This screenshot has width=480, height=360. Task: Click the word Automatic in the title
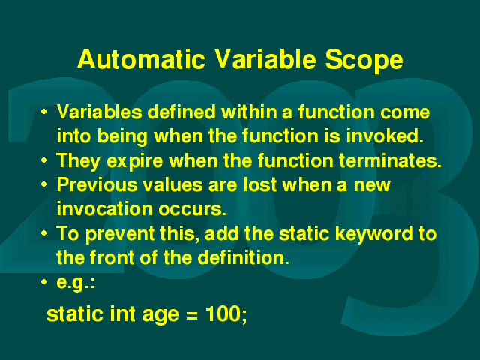point(141,58)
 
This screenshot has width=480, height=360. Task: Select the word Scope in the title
point(364,61)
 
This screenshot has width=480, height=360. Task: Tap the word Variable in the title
point(265,58)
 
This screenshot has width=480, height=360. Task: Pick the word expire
point(135,161)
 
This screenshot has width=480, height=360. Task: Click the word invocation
point(105,208)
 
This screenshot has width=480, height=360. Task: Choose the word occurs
point(192,210)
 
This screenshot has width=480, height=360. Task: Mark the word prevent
point(120,234)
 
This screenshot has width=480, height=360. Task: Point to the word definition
point(243,257)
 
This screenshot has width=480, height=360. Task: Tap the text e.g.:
point(76,283)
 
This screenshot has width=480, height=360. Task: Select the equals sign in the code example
point(192,315)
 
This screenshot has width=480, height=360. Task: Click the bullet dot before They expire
point(44,160)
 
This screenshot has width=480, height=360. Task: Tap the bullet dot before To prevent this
point(44,233)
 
